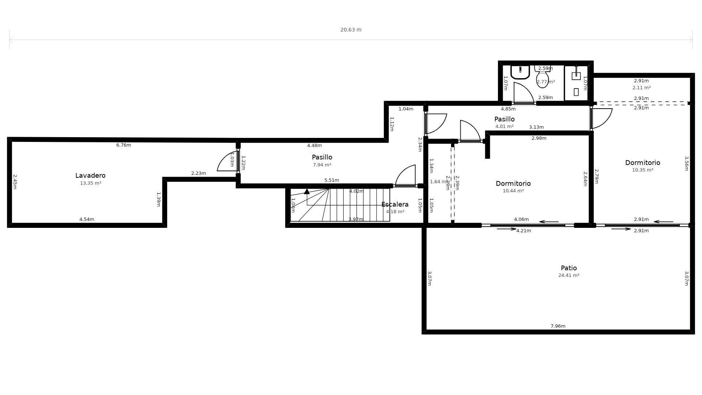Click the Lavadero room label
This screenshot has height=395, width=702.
90,176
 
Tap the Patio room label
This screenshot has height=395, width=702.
569,268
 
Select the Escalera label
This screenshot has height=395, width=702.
395,204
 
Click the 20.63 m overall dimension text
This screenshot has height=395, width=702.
351,30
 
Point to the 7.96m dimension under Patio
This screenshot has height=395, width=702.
558,326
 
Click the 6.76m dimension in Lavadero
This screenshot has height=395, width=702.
124,145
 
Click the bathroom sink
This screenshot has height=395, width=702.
520,72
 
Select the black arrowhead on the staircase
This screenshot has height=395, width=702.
307,191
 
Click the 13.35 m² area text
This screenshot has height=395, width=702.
91,183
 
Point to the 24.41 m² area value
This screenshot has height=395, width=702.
569,275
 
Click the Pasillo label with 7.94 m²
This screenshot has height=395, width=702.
322,157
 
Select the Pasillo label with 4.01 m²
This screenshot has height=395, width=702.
504,119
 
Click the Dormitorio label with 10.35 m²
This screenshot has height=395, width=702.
642,163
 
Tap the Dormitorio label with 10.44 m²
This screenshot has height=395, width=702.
513,184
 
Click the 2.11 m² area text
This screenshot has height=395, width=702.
641,88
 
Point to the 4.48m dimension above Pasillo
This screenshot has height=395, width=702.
314,146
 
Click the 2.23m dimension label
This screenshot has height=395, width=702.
199,173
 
